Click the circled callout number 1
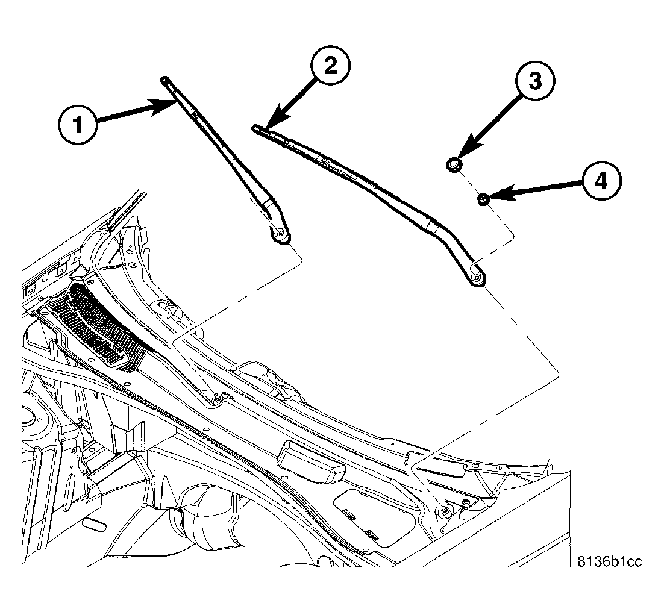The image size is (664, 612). pos(78,125)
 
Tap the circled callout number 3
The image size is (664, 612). pos(535,82)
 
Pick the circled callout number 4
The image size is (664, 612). pos(600,180)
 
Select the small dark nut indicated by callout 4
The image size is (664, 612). pos(483,198)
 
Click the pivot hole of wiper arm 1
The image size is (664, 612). pos(281,234)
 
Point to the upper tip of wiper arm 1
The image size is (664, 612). pos(164,80)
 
